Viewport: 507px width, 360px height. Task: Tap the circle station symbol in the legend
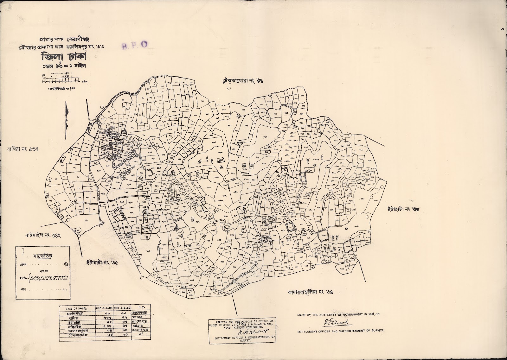(x=66, y=263)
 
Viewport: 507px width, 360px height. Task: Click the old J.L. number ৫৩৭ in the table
(x=106, y=318)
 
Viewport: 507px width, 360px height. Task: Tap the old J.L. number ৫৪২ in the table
(x=106, y=327)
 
